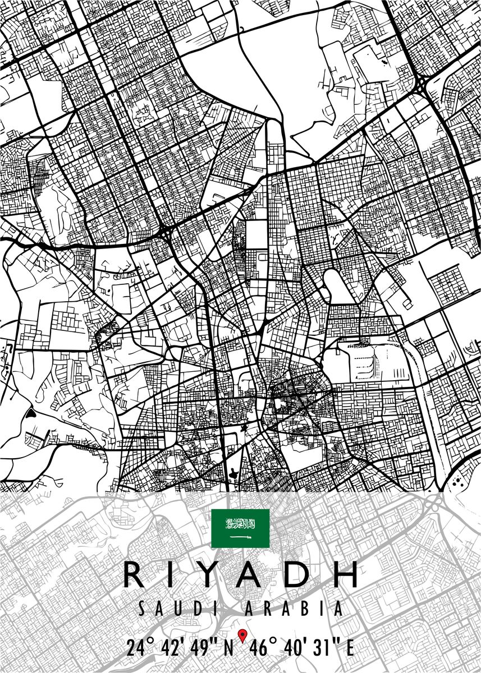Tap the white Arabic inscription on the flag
240,525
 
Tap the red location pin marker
242,635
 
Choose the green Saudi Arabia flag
240,528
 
